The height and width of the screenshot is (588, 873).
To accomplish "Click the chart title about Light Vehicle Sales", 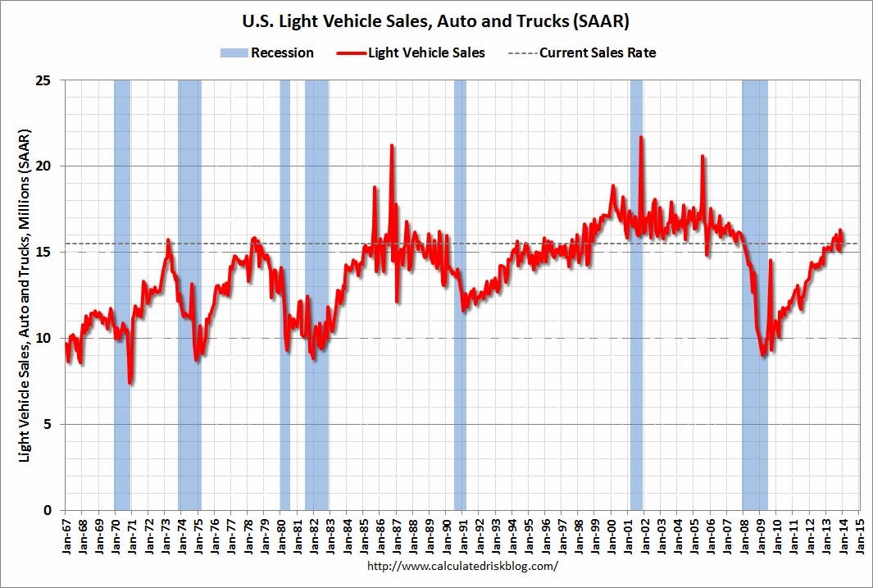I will point(436,21).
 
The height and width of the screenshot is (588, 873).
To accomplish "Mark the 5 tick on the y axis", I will point(48,425).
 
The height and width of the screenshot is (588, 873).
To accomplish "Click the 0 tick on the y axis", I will point(48,510).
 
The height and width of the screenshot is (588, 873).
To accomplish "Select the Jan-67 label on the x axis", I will point(66,537).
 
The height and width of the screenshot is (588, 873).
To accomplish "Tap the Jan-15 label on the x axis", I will point(859,537).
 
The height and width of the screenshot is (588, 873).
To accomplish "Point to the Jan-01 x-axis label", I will point(628,537).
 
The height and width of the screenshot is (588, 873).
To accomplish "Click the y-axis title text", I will point(25,295).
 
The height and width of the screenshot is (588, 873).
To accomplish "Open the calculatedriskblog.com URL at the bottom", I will point(463,566).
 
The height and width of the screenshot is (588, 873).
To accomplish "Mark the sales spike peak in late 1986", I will point(392,146).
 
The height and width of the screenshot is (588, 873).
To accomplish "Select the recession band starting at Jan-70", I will point(122,295).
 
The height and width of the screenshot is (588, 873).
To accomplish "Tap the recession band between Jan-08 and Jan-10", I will point(754,295).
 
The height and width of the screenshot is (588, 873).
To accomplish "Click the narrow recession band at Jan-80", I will point(285,295).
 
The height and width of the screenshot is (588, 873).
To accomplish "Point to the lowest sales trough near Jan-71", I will point(131,382).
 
